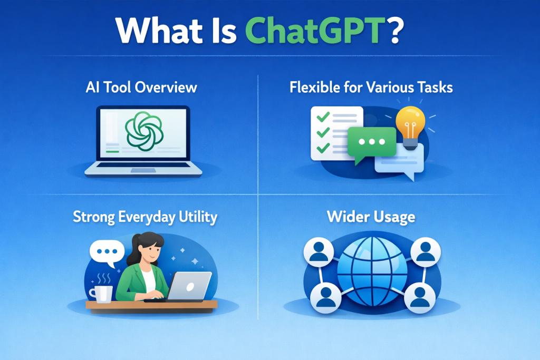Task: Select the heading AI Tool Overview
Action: click(141, 87)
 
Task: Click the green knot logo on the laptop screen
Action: click(143, 131)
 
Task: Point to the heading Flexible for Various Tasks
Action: click(371, 87)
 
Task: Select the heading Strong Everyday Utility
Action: click(146, 217)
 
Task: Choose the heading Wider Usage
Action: click(371, 217)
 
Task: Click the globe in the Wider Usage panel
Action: click(372, 272)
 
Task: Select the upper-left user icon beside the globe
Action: click(319, 251)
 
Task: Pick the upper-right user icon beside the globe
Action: click(426, 251)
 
